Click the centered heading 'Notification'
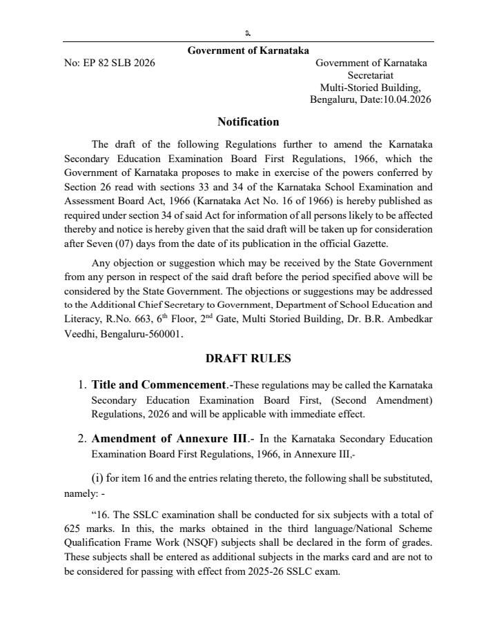(x=248, y=122)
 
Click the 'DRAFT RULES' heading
(x=248, y=359)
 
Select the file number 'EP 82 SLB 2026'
(x=119, y=63)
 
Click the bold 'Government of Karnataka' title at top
(x=248, y=50)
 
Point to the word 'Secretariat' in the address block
(x=371, y=75)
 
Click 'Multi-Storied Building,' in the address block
(x=371, y=88)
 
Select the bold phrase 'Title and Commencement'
(x=159, y=385)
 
